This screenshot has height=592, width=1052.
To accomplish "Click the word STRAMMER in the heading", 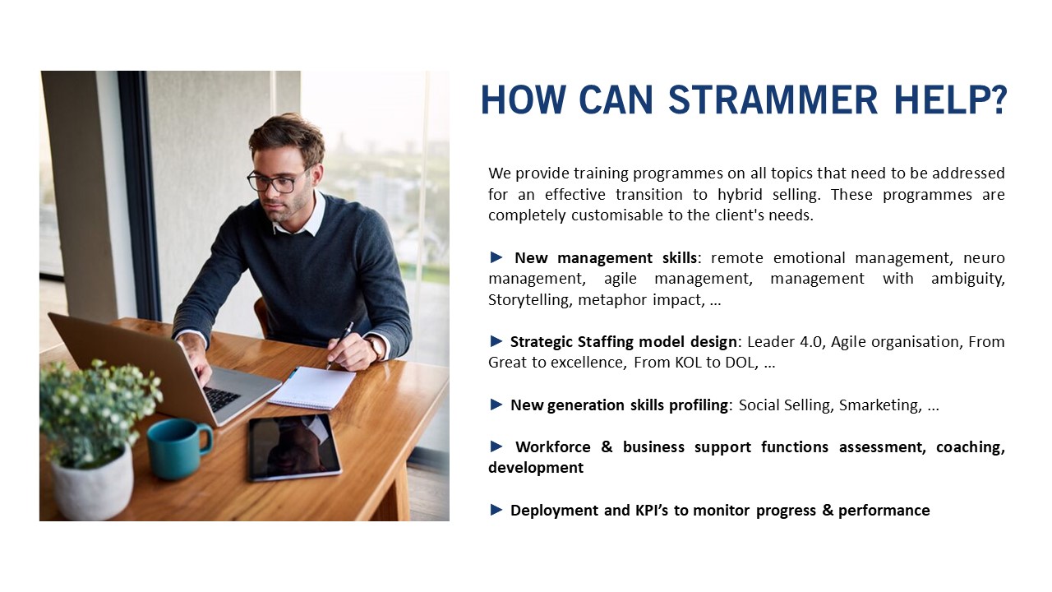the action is (x=773, y=99).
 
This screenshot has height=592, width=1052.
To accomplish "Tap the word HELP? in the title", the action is (x=951, y=99).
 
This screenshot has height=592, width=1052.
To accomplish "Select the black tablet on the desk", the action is (x=294, y=446).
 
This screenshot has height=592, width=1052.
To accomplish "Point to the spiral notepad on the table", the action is (x=311, y=387).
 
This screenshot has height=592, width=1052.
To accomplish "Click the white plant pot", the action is (x=92, y=484).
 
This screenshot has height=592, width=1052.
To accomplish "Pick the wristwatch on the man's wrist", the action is (x=376, y=348).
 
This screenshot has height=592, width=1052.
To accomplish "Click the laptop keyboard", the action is (x=221, y=399).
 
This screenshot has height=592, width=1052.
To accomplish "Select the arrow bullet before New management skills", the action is (x=496, y=257).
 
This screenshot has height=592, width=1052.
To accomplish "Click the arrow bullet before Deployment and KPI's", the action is (x=496, y=509).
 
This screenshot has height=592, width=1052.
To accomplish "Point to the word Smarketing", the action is (x=880, y=405).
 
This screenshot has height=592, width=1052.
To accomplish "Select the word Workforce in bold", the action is (x=553, y=446).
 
